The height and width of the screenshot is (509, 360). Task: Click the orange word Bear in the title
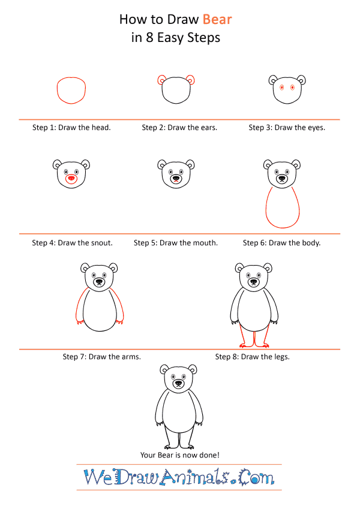click(217, 19)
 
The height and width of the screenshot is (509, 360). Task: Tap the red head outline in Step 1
click(57, 91)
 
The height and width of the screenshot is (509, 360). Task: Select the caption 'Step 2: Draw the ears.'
click(179, 128)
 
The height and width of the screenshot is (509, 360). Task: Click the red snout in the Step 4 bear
click(71, 179)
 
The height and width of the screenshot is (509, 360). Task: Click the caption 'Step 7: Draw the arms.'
click(101, 357)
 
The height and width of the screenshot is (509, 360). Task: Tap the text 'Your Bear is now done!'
click(179, 455)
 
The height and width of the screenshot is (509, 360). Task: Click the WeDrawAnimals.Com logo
click(179, 477)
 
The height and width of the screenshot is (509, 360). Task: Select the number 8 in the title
click(149, 38)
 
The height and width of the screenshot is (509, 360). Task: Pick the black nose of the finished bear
click(179, 383)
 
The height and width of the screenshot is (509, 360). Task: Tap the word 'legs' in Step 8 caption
click(281, 357)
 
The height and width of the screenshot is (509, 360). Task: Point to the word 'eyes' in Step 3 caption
click(316, 128)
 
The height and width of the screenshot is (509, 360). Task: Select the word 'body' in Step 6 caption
click(312, 243)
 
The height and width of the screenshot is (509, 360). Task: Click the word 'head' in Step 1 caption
click(101, 128)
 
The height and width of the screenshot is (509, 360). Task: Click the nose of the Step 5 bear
click(176, 178)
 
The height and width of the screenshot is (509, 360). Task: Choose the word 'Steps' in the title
click(204, 38)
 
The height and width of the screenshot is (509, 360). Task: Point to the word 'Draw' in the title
click(183, 19)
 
